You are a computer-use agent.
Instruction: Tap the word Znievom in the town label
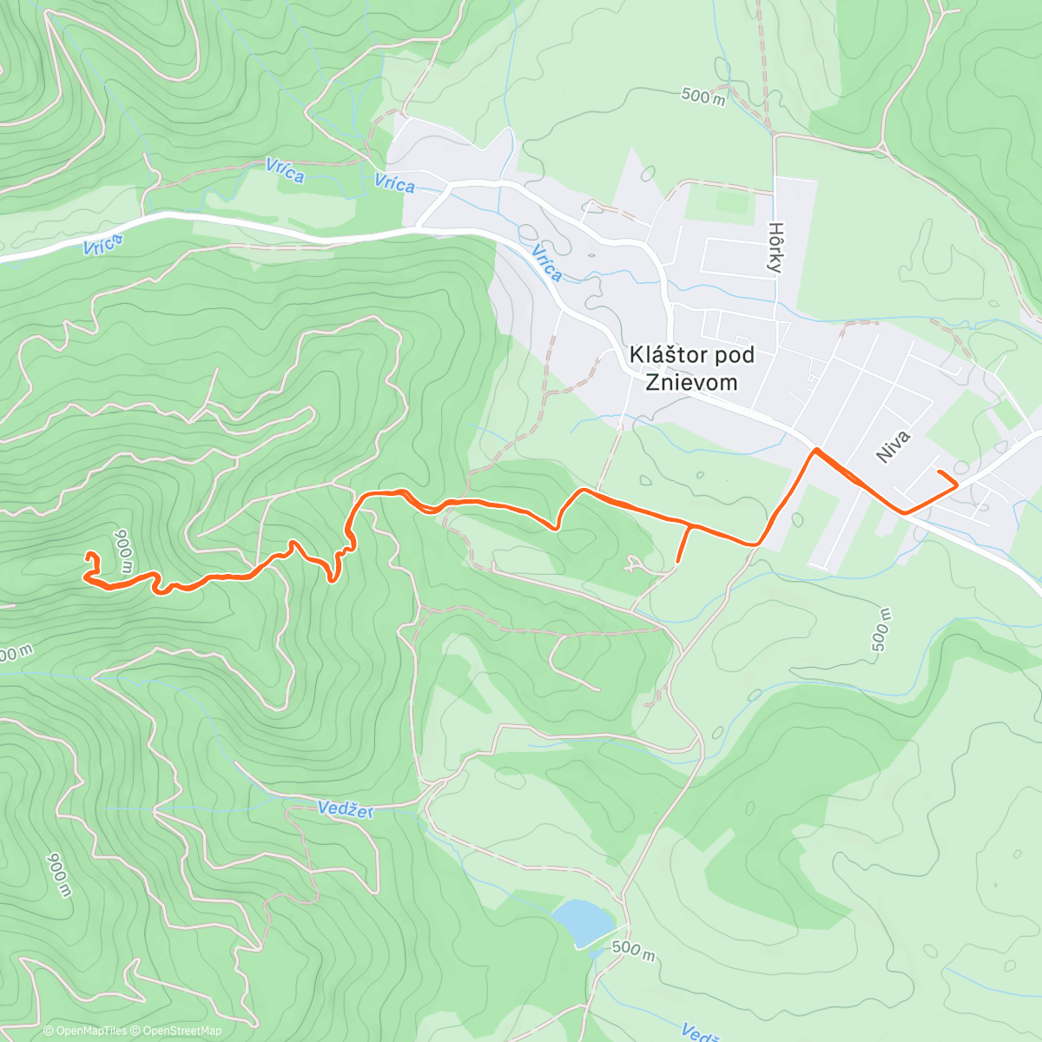pyautogui.click(x=691, y=382)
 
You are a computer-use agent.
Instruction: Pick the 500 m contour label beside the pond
pyautogui.click(x=633, y=949)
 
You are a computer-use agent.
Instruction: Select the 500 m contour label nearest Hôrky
pyautogui.click(x=703, y=96)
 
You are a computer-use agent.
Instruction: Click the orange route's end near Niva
pyautogui.click(x=940, y=472)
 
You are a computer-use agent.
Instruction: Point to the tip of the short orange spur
pyautogui.click(x=677, y=562)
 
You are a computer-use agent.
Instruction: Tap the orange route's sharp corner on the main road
pyautogui.click(x=814, y=450)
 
